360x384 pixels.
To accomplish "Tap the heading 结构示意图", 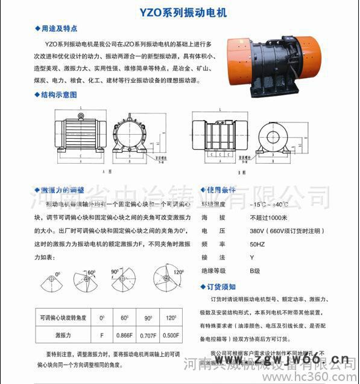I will click(x=59, y=95).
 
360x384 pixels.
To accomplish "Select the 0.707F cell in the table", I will click(x=148, y=333).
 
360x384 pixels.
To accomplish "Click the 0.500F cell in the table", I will click(x=171, y=333).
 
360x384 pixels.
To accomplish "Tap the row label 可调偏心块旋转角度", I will click(x=63, y=318).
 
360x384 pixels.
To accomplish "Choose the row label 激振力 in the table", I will click(x=63, y=333).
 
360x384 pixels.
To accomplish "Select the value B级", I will click(x=256, y=270).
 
